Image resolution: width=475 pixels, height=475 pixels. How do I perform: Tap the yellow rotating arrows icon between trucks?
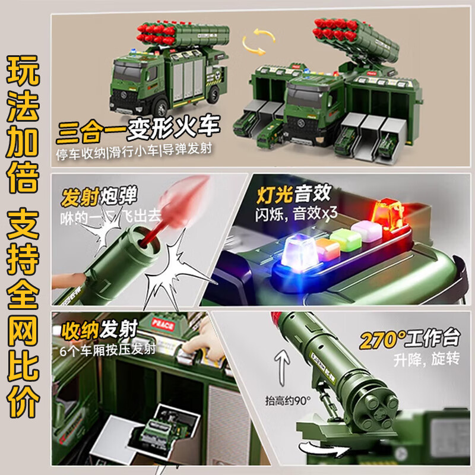[254, 42]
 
